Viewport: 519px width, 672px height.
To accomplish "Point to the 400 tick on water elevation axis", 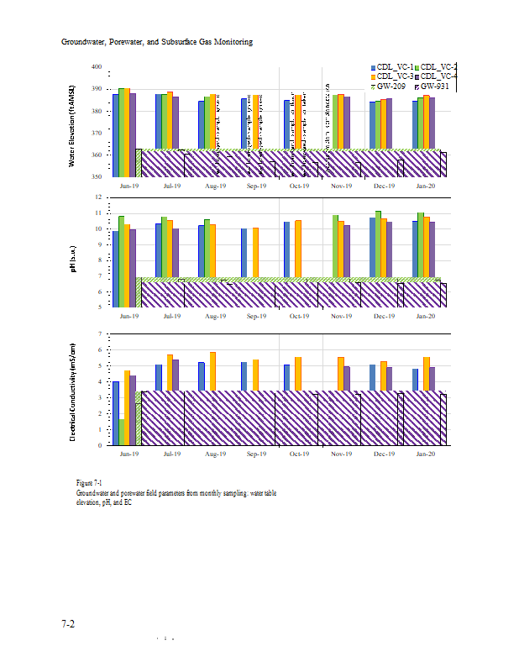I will [97, 67].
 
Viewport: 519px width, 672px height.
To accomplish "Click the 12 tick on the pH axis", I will [97, 197].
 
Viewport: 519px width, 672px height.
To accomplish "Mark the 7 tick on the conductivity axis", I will [98, 334].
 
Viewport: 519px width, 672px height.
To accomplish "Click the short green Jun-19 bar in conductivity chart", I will [122, 432].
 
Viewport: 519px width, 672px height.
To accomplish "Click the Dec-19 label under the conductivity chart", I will [383, 454].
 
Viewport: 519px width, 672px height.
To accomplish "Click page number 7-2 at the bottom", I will [68, 624].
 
